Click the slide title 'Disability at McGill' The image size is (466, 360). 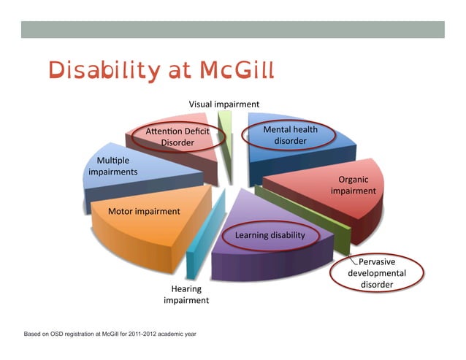[x=161, y=71]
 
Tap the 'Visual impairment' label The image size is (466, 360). [x=224, y=104]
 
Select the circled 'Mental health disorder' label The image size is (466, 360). [x=289, y=135]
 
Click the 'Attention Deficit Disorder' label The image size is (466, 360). [x=177, y=137]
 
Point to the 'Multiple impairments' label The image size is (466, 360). [x=112, y=165]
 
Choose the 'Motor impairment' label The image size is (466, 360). [x=144, y=211]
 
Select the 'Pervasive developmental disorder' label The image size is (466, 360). [x=376, y=273]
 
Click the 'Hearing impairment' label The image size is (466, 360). [x=186, y=294]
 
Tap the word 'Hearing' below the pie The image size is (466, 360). [x=186, y=288]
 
